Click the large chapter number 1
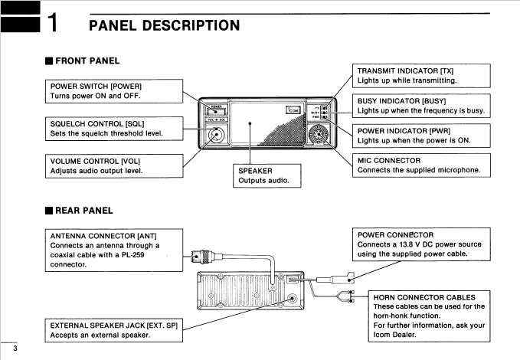51,25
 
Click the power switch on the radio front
217,109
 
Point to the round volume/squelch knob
217,135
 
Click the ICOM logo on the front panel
293,110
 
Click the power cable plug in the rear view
346,278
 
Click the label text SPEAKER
255,170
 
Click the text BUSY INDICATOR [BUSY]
401,100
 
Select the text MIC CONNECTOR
388,160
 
